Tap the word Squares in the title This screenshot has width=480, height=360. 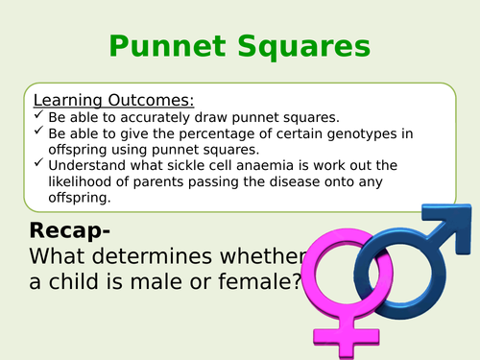tap(300, 46)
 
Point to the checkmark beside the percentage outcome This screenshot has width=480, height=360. tap(38, 133)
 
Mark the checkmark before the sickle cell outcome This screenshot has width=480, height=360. tap(38, 165)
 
